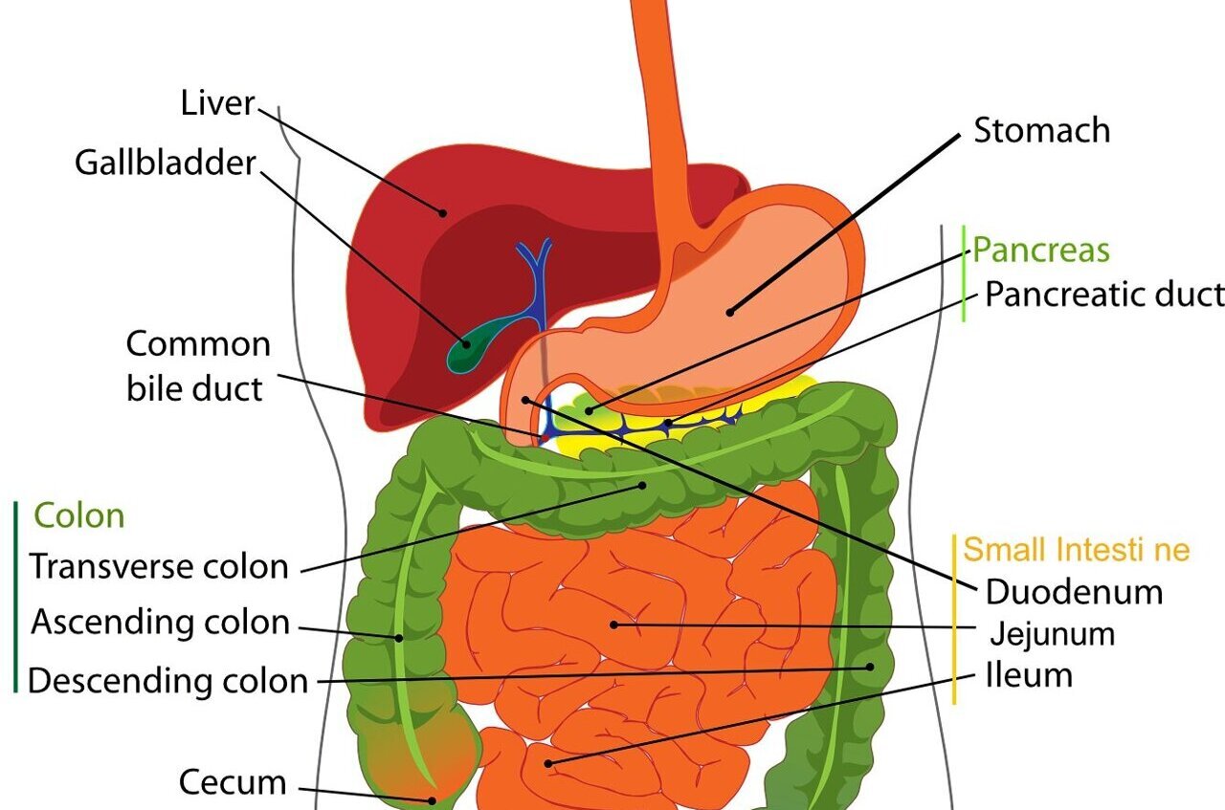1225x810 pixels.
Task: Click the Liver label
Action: click(x=217, y=102)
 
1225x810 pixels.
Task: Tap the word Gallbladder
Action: click(x=166, y=163)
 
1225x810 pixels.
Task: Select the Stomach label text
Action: click(x=1041, y=130)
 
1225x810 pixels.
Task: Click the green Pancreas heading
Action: click(x=1040, y=251)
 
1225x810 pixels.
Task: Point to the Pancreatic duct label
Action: click(x=1103, y=295)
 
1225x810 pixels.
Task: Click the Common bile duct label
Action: click(x=197, y=366)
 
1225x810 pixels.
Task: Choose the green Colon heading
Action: click(x=79, y=516)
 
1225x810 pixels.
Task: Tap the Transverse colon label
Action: click(x=159, y=566)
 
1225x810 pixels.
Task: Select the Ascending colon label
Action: click(x=160, y=623)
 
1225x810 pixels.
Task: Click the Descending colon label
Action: click(x=167, y=681)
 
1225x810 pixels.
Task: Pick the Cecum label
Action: click(x=233, y=782)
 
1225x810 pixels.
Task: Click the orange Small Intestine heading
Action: click(x=1076, y=550)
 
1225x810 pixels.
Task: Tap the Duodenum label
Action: click(x=1074, y=592)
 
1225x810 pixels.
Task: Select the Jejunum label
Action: click(x=1052, y=634)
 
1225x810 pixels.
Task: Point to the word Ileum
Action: click(x=1029, y=676)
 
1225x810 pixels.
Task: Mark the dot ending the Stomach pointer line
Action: click(x=729, y=310)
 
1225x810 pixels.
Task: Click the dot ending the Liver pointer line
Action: click(x=443, y=211)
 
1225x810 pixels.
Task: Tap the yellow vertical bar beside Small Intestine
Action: click(x=955, y=619)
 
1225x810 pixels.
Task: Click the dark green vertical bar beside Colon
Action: click(x=16, y=595)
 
